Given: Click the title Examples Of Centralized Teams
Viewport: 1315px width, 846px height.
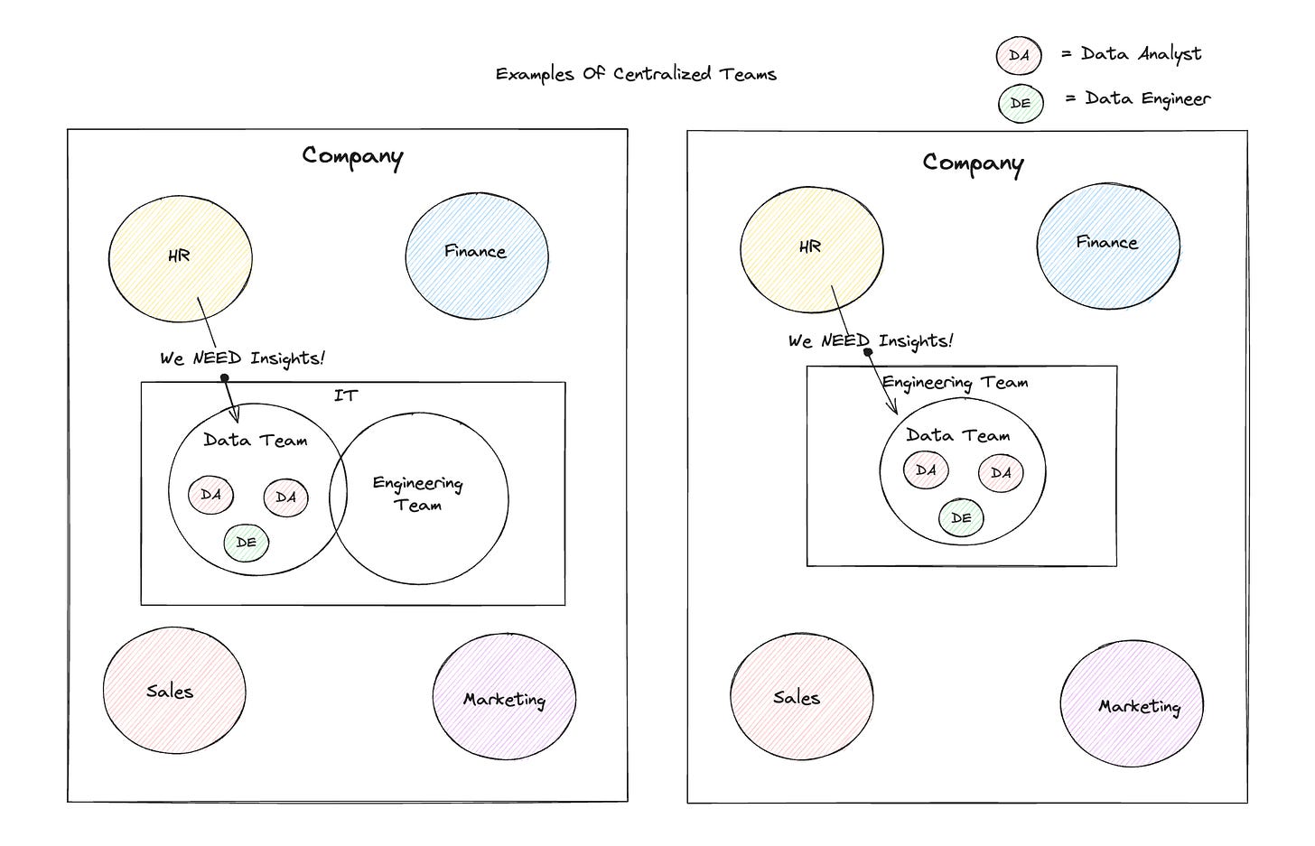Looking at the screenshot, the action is tap(636, 75).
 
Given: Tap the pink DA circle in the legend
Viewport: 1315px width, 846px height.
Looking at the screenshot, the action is tap(1019, 56).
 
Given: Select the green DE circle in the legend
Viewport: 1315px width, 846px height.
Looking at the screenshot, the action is tap(1021, 103).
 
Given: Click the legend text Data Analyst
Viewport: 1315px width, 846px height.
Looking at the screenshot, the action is tap(1142, 54).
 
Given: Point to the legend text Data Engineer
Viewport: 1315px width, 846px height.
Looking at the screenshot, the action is tap(1148, 98).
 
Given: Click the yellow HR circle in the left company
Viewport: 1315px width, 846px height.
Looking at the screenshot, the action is tap(181, 259).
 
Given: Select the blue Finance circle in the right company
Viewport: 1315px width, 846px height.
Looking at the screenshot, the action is tap(1108, 246).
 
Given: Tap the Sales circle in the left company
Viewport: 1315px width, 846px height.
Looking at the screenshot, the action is tap(174, 690).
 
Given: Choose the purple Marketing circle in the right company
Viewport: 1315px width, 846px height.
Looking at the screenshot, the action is tap(1132, 702).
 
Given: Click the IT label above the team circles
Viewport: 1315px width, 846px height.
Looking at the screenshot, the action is tap(346, 395).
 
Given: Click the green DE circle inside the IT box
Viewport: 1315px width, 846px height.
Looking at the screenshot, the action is tap(246, 543).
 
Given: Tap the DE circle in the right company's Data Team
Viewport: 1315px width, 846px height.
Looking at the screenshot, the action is tap(961, 517).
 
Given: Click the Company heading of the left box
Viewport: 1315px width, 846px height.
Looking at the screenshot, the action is tap(352, 156).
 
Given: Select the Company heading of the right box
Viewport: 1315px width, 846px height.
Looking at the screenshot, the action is tap(973, 163).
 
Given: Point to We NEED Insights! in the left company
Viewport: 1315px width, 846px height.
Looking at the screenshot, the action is tap(242, 358).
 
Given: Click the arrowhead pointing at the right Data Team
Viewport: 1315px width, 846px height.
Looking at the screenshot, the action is tap(893, 407).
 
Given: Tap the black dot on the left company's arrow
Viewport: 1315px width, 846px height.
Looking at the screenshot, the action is tap(224, 377).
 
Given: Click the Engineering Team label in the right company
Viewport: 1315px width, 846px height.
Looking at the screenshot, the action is tap(956, 383).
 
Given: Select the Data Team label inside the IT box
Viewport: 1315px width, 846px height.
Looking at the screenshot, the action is tap(256, 440).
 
